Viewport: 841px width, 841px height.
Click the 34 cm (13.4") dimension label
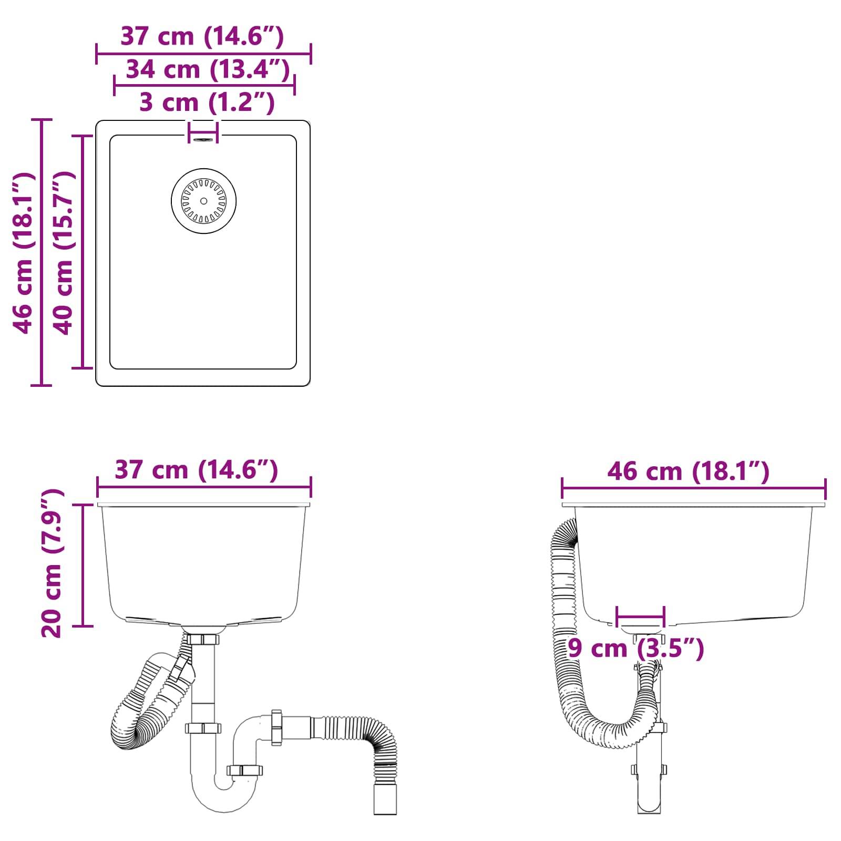pyautogui.click(x=208, y=69)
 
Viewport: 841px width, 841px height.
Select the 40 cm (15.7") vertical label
pyautogui.click(x=65, y=252)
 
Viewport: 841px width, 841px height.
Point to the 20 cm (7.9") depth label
pyautogui.click(x=52, y=563)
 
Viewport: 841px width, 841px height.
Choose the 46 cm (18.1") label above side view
pyautogui.click(x=688, y=471)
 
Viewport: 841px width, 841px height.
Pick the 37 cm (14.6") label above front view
pyautogui.click(x=196, y=469)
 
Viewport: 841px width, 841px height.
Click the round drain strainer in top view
pyautogui.click(x=203, y=201)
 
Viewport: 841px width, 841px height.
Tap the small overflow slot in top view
pyautogui.click(x=203, y=140)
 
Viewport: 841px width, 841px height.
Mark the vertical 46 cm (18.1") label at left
pyautogui.click(x=24, y=252)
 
